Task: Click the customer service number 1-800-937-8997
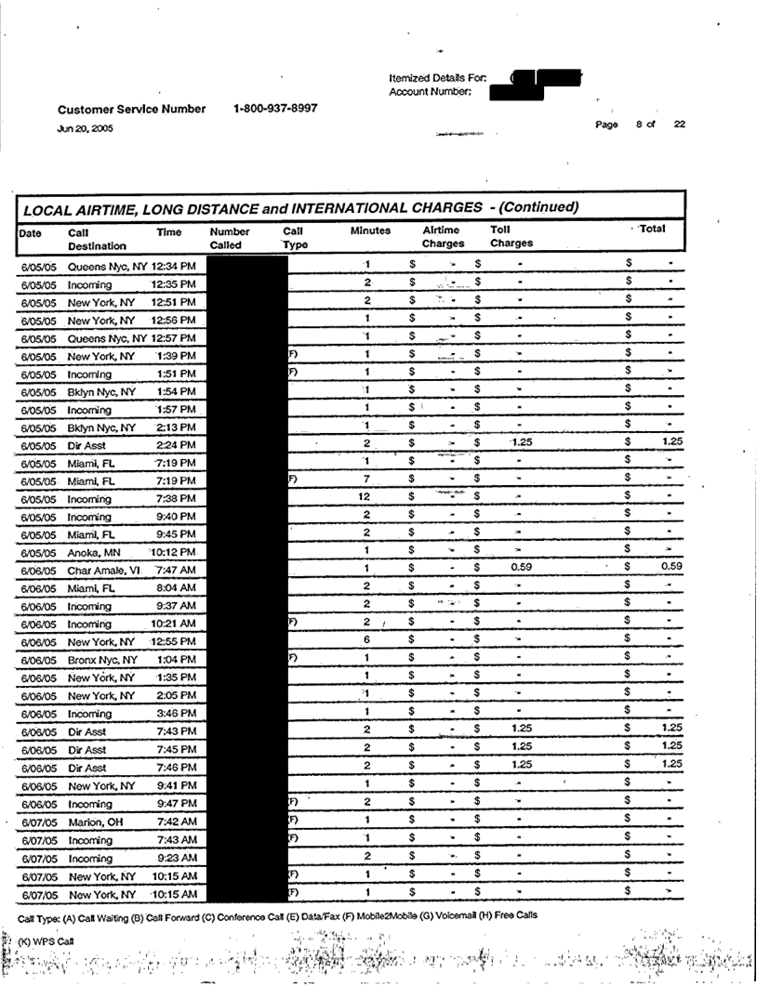point(276,108)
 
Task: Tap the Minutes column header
point(370,230)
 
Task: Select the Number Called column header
point(230,237)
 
